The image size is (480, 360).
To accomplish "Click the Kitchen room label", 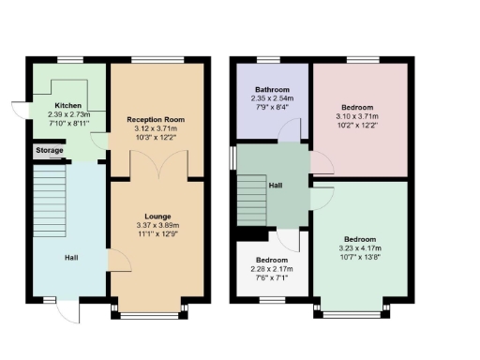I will (68, 105).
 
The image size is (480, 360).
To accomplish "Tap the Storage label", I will (50, 150).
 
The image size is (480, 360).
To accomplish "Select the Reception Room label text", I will (156, 120).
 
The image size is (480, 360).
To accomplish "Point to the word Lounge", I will (156, 217).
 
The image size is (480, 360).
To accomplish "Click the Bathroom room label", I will (272, 90).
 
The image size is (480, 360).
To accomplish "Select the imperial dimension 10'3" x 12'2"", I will (156, 137).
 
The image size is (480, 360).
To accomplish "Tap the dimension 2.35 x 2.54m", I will (272, 98).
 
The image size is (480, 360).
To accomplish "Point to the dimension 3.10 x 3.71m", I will (360, 115).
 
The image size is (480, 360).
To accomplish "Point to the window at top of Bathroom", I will (272, 61).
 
